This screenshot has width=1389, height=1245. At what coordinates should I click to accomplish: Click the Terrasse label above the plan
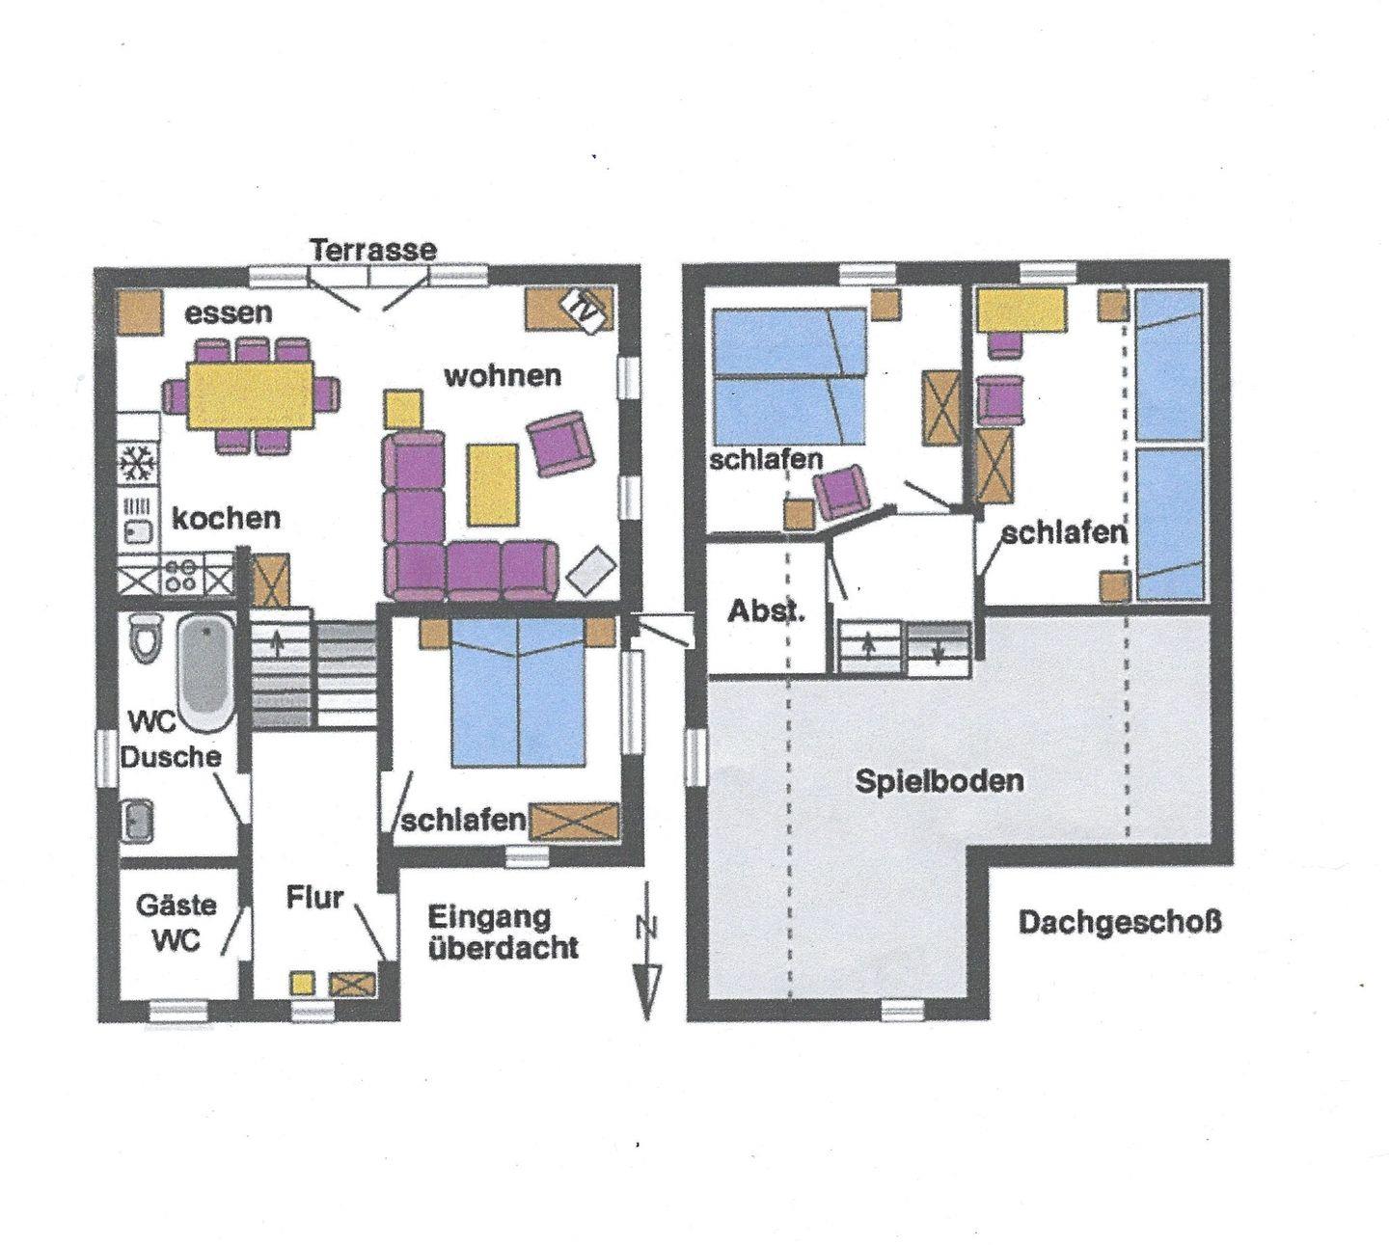tap(373, 250)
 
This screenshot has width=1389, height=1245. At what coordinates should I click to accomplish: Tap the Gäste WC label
tap(177, 923)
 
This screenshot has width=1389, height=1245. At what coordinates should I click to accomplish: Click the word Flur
tap(314, 898)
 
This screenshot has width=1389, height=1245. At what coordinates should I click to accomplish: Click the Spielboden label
tap(939, 782)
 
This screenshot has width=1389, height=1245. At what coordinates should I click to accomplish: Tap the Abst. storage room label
tap(766, 611)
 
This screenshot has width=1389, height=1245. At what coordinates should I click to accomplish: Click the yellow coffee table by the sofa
tap(492, 484)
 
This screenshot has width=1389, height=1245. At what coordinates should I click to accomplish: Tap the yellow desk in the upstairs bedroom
tap(1021, 311)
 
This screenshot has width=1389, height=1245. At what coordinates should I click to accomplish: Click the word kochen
tap(226, 519)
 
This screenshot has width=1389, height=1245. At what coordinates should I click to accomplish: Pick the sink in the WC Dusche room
tap(137, 821)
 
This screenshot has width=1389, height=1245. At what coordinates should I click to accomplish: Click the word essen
tap(229, 314)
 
